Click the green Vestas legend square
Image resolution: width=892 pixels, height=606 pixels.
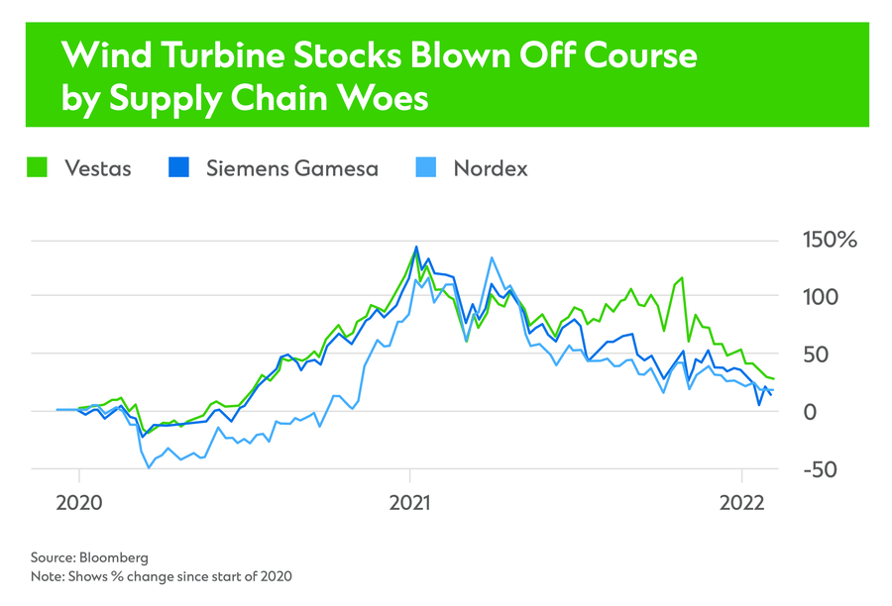pos(37,167)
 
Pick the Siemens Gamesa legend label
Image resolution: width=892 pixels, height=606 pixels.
pos(292,167)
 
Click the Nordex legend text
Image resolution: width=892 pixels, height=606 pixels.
pos(491,167)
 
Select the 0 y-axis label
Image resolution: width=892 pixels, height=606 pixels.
pos(809,411)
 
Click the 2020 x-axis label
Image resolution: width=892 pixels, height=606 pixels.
pos(79,503)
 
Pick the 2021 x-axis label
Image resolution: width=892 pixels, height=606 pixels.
pos(410,503)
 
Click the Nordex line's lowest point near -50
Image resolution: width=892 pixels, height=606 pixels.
pos(149,467)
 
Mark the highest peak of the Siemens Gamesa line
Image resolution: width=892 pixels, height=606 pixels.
pos(416,247)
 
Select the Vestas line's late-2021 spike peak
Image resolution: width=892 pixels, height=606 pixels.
pos(682,278)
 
